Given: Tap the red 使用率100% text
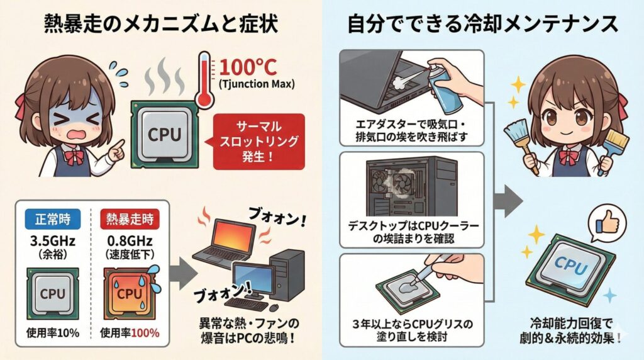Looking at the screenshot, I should [x=130, y=332].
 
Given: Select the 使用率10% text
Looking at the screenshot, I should [x=53, y=332].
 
